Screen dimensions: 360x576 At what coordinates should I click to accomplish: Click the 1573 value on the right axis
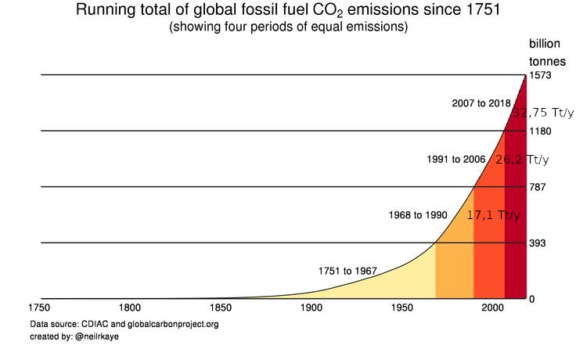pyautogui.click(x=542, y=75)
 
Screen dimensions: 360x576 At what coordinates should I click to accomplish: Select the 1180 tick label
pyautogui.click(x=542, y=131)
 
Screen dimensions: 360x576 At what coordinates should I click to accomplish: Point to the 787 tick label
pyautogui.click(x=538, y=187)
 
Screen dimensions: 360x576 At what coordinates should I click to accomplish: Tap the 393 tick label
pyautogui.click(x=538, y=243)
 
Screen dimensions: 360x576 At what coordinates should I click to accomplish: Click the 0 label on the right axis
pyautogui.click(x=531, y=299)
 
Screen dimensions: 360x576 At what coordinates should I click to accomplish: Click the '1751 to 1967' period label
pyautogui.click(x=347, y=271)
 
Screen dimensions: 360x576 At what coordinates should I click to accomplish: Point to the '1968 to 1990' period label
pyautogui.click(x=419, y=214)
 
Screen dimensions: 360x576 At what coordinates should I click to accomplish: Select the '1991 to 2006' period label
pyautogui.click(x=456, y=159)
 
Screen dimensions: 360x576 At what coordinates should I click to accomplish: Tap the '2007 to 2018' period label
pyautogui.click(x=481, y=103)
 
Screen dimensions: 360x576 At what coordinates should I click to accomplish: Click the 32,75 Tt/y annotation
pyautogui.click(x=543, y=113)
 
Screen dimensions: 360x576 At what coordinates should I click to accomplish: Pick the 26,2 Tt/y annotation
pyautogui.click(x=522, y=160)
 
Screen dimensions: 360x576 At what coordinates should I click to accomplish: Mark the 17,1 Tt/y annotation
pyautogui.click(x=493, y=215)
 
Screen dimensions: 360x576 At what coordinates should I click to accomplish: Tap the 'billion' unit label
pyautogui.click(x=545, y=44)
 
